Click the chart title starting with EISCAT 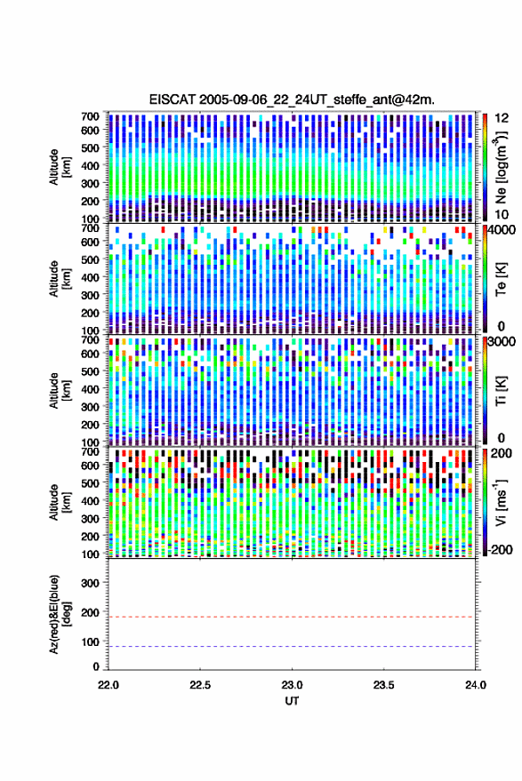(292, 100)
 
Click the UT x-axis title (292, 701)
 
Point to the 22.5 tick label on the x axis (200, 685)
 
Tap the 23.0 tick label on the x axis (292, 685)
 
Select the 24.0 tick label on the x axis (475, 685)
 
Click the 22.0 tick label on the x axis (108, 685)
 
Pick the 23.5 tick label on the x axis (383, 685)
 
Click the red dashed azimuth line (291, 618)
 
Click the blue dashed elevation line (291, 647)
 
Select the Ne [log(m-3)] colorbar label (501, 167)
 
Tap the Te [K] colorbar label (501, 278)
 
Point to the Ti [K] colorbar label (501, 391)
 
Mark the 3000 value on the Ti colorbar (502, 342)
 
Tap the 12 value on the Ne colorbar (502, 118)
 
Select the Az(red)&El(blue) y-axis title (60, 615)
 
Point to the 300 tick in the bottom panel (90, 583)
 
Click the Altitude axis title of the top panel (60, 166)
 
